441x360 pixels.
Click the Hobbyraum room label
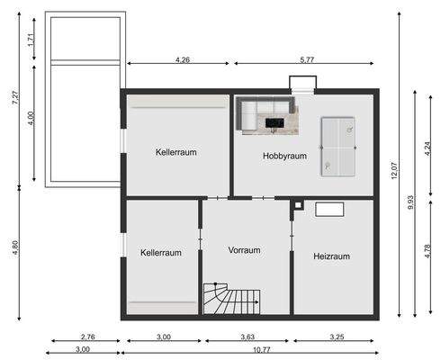pos(284,156)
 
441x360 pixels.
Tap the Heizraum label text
pos(331,256)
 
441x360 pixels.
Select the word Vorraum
pos(244,250)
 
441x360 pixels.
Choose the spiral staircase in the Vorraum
pos(230,300)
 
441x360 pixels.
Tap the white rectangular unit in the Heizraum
pos(329,209)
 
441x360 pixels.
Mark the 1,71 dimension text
pos(31,39)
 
